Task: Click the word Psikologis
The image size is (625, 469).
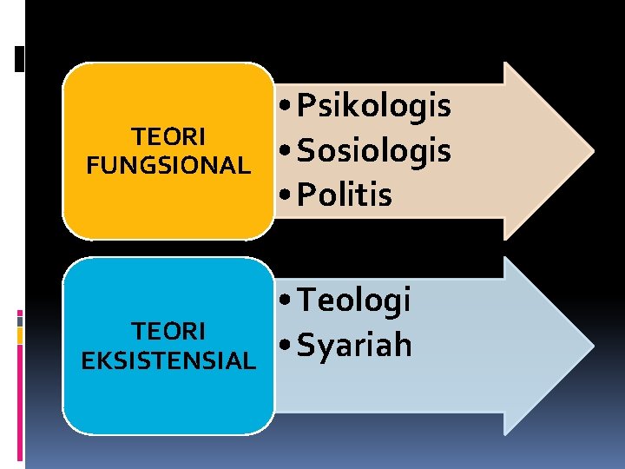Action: click(x=374, y=107)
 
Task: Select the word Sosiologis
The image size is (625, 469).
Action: click(x=374, y=150)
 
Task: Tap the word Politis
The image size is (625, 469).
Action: click(x=345, y=195)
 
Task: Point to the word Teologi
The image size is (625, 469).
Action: click(x=353, y=301)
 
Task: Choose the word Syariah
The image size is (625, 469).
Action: click(x=354, y=345)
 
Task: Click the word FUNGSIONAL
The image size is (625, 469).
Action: click(x=168, y=165)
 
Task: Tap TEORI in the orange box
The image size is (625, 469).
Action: click(x=168, y=137)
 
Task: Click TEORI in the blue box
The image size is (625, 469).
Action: click(x=168, y=331)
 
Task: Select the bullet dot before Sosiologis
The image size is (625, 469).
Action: click(x=286, y=152)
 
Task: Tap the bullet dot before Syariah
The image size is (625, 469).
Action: click(x=286, y=347)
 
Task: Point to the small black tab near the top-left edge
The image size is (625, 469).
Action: click(x=20, y=59)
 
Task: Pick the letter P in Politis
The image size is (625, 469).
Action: click(x=305, y=195)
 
